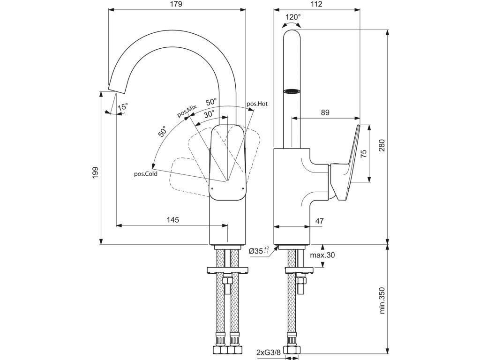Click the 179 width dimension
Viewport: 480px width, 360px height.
click(x=176, y=4)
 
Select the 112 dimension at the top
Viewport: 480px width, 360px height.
click(x=316, y=4)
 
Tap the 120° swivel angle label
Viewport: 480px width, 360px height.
click(x=293, y=17)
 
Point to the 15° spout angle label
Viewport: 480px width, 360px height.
click(x=123, y=107)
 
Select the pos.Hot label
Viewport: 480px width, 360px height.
click(x=257, y=104)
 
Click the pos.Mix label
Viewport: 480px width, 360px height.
click(x=187, y=111)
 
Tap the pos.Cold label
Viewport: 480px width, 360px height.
click(x=146, y=174)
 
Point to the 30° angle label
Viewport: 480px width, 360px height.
click(x=210, y=114)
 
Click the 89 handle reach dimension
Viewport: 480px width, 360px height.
click(x=325, y=112)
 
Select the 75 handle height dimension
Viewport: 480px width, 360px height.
click(x=363, y=154)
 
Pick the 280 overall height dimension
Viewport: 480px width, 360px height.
click(x=382, y=146)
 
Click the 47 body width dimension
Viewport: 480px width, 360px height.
click(x=319, y=221)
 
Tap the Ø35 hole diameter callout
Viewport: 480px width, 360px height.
click(x=259, y=251)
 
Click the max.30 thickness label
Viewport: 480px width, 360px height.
click(x=322, y=255)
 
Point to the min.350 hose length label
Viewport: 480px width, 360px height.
click(x=382, y=300)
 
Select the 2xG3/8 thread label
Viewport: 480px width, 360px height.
click(x=269, y=352)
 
